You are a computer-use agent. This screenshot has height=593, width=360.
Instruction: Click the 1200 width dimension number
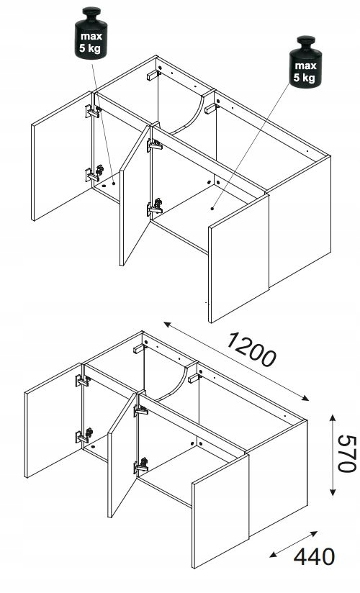tap(251, 350)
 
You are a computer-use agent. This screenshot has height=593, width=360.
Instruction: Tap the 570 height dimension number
tap(347, 454)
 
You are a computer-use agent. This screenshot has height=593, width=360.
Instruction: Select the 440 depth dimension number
tap(314, 557)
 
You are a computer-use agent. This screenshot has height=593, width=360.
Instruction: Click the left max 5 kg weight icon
tap(91, 33)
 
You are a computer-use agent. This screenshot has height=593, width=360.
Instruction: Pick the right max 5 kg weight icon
tap(305, 62)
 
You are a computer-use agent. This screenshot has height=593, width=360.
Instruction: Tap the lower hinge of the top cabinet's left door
tap(94, 173)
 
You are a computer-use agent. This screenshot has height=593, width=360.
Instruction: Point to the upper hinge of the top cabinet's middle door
tap(155, 145)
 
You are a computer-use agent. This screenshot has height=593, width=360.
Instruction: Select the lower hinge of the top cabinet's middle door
tap(156, 207)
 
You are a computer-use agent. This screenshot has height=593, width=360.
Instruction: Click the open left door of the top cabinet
tap(63, 156)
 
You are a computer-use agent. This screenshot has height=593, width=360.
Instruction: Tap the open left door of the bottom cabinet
tap(54, 420)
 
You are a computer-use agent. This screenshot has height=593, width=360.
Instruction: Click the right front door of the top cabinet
tap(238, 258)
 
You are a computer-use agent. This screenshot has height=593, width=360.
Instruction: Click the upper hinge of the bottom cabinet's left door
tap(83, 381)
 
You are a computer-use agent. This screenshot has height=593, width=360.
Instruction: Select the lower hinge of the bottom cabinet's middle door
tap(141, 466)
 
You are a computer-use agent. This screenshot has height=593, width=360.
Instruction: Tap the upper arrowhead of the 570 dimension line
tap(333, 418)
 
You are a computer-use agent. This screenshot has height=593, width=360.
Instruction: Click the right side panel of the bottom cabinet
tap(278, 477)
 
